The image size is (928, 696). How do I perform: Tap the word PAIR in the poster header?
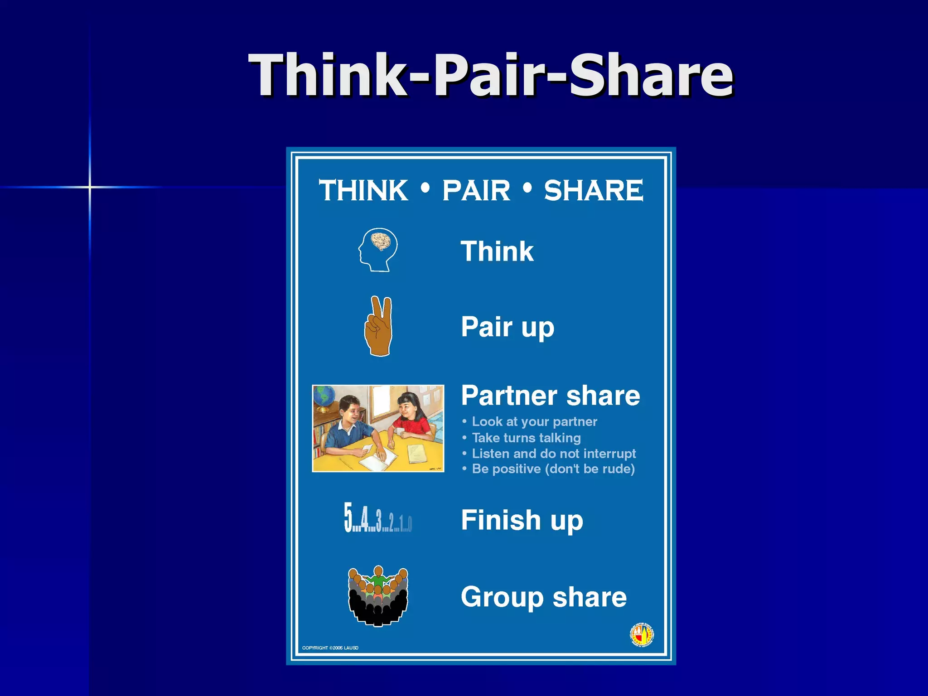click(x=476, y=190)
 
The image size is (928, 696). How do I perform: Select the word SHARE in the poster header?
click(x=593, y=190)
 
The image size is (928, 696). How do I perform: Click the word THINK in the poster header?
click(x=363, y=190)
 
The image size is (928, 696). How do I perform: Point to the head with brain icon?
click(x=378, y=250)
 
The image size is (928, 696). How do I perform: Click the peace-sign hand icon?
click(x=379, y=326)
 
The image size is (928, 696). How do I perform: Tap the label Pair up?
click(x=507, y=327)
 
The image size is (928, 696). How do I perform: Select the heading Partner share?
click(x=550, y=396)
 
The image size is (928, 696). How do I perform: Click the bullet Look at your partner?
click(x=534, y=422)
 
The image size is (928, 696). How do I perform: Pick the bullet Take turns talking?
click(x=526, y=438)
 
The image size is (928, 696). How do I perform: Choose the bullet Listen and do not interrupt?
click(x=554, y=454)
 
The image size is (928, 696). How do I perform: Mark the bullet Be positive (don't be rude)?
click(x=553, y=469)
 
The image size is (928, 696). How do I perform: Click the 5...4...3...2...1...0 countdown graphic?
click(x=377, y=518)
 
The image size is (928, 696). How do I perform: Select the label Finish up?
click(x=522, y=520)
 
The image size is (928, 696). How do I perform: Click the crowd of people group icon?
click(x=378, y=596)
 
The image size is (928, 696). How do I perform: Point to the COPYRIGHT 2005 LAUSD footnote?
click(x=330, y=648)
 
